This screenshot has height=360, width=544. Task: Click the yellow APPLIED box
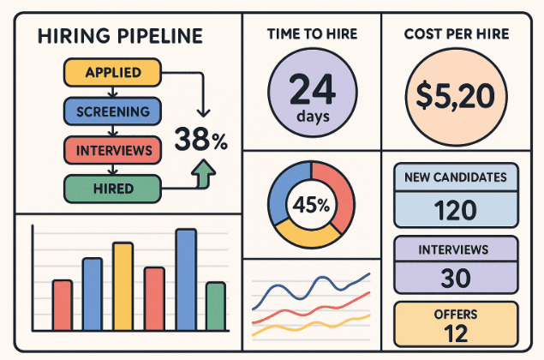coord(113,73)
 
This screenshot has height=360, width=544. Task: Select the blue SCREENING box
coord(113,111)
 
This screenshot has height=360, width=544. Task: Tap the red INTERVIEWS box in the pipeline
coord(113,150)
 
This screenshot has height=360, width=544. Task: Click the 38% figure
coord(200,140)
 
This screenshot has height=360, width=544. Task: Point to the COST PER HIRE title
coord(457,35)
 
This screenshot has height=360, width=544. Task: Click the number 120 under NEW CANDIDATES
coord(457,210)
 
